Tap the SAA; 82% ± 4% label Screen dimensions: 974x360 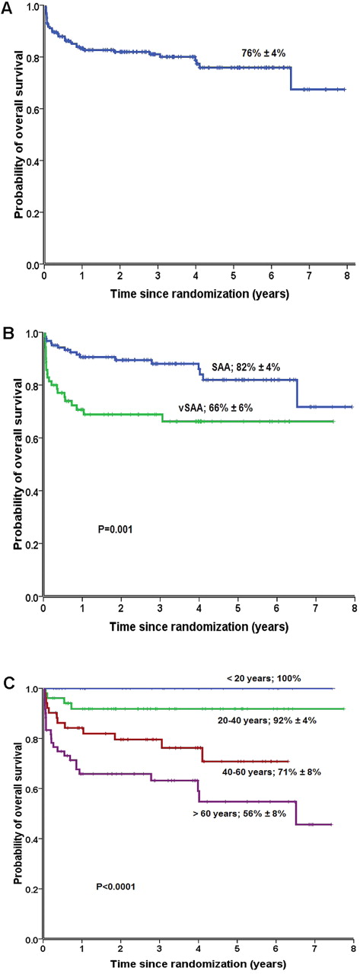(247, 366)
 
